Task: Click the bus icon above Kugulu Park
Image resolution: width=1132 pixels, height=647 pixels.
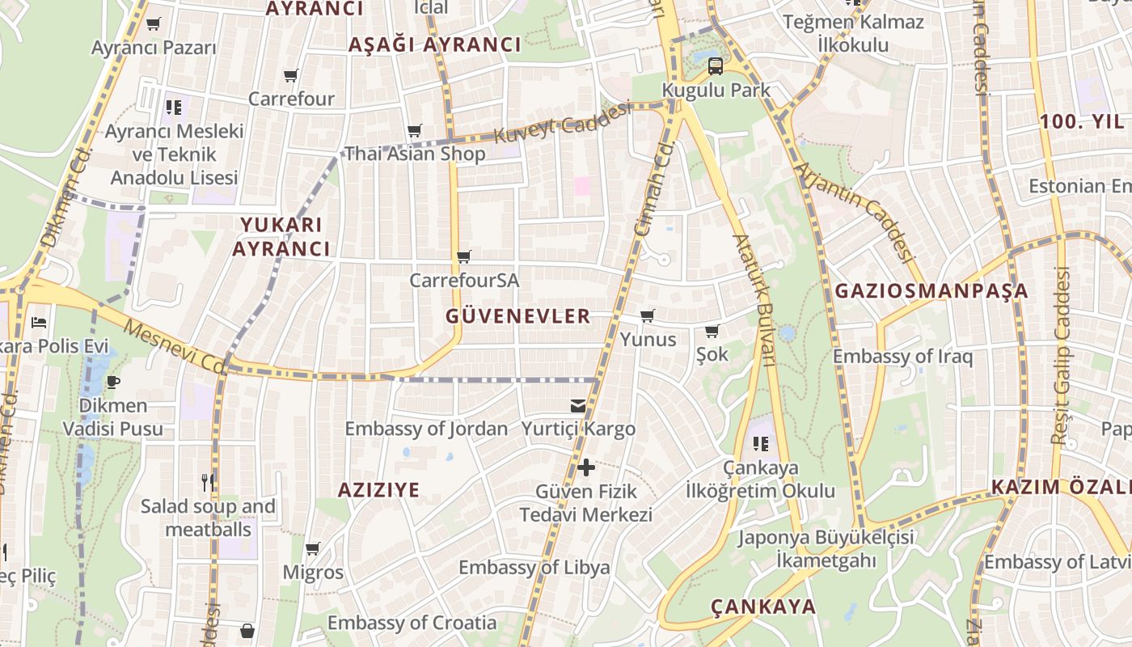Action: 715,66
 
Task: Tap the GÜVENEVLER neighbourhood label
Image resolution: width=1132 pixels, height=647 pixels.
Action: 518,316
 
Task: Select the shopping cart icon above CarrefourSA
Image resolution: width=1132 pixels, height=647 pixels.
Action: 464,257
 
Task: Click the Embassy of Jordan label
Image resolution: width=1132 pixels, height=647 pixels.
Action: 426,429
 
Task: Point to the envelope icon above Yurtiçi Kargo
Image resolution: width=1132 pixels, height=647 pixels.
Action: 578,405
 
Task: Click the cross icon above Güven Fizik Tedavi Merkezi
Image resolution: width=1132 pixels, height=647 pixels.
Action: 586,467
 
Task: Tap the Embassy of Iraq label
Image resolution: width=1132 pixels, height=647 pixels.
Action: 902,356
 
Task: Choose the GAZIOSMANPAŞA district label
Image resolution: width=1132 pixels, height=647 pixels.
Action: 931,291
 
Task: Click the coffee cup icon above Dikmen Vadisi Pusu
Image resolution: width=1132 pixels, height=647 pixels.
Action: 112,382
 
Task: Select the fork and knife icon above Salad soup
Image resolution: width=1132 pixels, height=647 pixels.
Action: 208,483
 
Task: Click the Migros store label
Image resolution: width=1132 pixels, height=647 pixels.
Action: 313,573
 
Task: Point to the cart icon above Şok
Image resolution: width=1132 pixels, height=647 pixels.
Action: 712,332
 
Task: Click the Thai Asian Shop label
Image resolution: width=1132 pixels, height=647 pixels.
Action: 415,154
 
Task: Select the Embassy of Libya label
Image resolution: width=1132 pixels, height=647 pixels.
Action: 534,567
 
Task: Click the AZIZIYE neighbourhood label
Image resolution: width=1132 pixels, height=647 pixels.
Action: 378,489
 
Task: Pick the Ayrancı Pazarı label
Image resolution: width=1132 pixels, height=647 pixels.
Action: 154,47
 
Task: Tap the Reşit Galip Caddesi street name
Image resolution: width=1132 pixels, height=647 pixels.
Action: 1061,356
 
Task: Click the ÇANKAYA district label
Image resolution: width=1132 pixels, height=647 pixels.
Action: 763,607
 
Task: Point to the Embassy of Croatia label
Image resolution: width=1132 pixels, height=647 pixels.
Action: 412,623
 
